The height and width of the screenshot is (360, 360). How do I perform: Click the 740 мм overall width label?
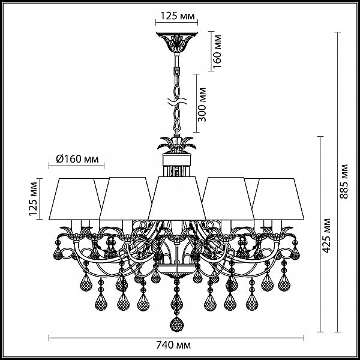coord(173,345)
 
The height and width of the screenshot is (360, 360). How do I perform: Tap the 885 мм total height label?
coord(344,181)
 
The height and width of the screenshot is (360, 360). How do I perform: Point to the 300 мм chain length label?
coord(202,104)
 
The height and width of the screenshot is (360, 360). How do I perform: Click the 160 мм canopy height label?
coord(217,51)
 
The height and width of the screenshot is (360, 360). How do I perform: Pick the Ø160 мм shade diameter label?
coord(77,159)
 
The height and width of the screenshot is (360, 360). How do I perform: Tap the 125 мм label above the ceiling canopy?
coord(177,16)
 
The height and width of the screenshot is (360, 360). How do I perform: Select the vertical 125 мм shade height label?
coord(33,199)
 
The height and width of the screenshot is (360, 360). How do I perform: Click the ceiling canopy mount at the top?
coord(177,41)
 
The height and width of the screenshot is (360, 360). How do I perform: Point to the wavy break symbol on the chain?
coord(177,101)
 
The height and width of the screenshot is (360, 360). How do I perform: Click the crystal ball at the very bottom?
coord(176,324)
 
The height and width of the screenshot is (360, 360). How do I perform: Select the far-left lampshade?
coord(76,199)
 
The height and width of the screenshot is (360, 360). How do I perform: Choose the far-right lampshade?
coord(278,199)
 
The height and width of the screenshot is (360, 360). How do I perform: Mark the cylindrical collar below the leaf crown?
coord(177,160)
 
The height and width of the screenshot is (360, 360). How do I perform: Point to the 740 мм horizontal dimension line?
coord(176,338)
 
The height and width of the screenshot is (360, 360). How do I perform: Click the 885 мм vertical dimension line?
coord(337,182)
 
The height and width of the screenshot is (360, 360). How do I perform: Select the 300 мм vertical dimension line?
coord(196,103)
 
